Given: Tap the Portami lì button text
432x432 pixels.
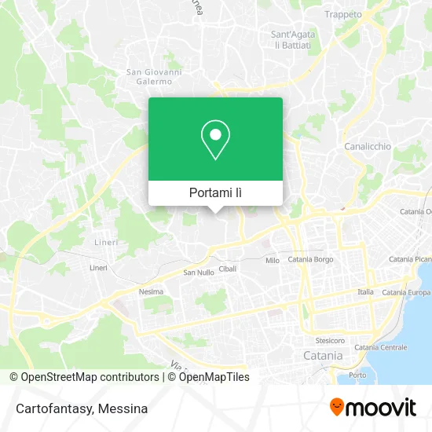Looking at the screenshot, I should pyautogui.click(x=215, y=192).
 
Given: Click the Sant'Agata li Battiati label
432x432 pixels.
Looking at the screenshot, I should pyautogui.click(x=291, y=40).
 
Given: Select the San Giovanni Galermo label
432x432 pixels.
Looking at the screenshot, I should pyautogui.click(x=154, y=78).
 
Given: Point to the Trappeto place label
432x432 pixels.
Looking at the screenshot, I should pyautogui.click(x=343, y=14).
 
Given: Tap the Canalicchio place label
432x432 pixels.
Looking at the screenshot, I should pyautogui.click(x=368, y=146).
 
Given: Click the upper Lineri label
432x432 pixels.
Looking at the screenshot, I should pyautogui.click(x=106, y=242).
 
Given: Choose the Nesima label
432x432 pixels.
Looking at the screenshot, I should pyautogui.click(x=151, y=291).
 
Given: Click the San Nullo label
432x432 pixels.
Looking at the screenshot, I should pyautogui.click(x=198, y=273).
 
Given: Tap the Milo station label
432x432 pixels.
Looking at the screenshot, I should pyautogui.click(x=273, y=260).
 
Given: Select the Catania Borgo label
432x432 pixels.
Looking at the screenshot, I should pyautogui.click(x=311, y=259).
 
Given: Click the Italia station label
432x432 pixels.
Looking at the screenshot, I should pyautogui.click(x=366, y=291).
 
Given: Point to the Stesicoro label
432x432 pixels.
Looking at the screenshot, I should pyautogui.click(x=330, y=341).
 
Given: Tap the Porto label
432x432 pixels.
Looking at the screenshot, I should pyautogui.click(x=357, y=375).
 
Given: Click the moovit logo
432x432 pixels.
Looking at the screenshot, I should pyautogui.click(x=372, y=406).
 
